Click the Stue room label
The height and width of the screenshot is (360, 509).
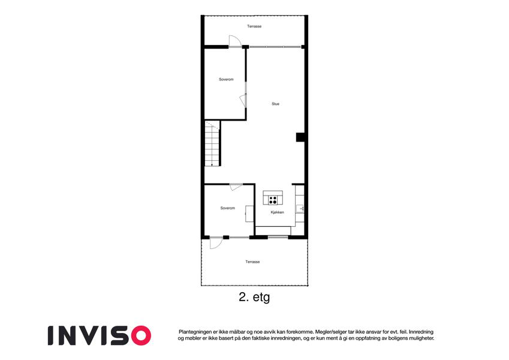275,104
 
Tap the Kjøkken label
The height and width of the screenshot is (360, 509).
277,212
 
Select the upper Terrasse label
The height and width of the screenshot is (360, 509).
254,26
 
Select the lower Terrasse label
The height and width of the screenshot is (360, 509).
252,262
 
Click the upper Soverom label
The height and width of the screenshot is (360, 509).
226,79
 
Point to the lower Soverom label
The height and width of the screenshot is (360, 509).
227,208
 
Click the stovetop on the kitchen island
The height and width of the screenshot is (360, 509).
273,200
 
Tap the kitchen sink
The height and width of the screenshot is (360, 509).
300,209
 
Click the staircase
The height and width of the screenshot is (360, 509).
212,143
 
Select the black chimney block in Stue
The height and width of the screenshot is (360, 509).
300,137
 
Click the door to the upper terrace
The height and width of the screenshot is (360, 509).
235,41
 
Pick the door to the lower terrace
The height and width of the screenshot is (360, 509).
216,243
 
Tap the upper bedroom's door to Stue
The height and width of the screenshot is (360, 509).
243,100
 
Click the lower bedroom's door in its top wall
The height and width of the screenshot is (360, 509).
236,187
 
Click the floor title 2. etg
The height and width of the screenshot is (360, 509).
254,297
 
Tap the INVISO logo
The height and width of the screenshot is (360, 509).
100,335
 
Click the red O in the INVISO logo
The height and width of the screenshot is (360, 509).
141,335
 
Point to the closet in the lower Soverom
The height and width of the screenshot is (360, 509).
249,214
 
